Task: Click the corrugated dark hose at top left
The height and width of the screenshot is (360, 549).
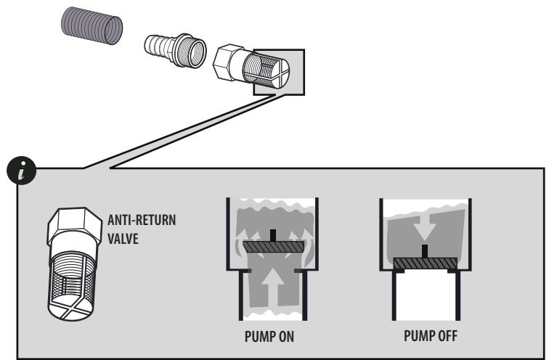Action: [91, 25]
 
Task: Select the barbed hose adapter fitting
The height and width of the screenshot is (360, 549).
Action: [175, 49]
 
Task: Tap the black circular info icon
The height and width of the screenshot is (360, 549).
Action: [21, 171]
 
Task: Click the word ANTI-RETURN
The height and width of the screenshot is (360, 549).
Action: [142, 220]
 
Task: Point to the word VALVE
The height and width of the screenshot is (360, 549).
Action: [123, 239]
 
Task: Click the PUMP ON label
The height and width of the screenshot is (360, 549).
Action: [269, 337]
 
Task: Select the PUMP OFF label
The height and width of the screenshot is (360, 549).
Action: [431, 336]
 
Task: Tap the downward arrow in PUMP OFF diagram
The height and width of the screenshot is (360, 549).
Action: [424, 227]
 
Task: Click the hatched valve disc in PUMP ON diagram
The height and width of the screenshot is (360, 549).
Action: [274, 246]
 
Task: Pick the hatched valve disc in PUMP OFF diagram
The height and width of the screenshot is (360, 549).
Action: [425, 263]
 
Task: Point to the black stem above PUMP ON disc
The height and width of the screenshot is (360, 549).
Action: [274, 235]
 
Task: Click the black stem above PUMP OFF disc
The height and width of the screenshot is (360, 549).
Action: [425, 251]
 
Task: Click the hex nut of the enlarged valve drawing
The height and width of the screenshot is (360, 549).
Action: [74, 227]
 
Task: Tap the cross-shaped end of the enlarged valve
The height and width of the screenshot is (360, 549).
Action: [71, 307]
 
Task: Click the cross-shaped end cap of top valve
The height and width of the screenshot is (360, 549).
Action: [280, 73]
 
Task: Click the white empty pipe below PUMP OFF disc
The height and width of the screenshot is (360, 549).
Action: [425, 295]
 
